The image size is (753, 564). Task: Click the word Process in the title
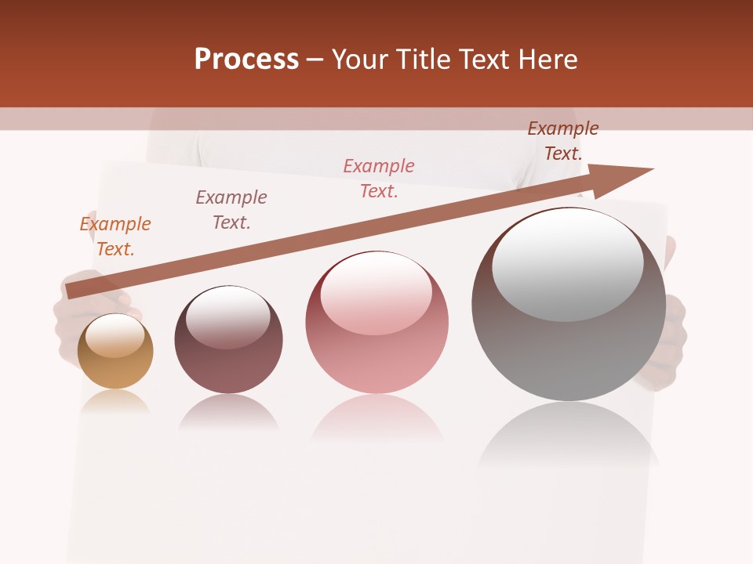coord(246,60)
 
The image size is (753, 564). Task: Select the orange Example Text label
coord(115,237)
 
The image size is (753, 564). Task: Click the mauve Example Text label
coord(231,210)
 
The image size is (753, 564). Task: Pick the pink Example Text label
coord(379,179)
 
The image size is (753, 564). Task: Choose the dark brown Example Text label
coord(563,141)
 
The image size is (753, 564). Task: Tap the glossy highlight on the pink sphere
coord(376,291)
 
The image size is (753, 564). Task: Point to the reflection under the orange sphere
coord(115,403)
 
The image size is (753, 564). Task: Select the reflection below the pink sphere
coord(377,419)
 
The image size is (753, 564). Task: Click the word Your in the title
coord(361,60)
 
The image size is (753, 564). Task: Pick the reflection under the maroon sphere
coord(228,412)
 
